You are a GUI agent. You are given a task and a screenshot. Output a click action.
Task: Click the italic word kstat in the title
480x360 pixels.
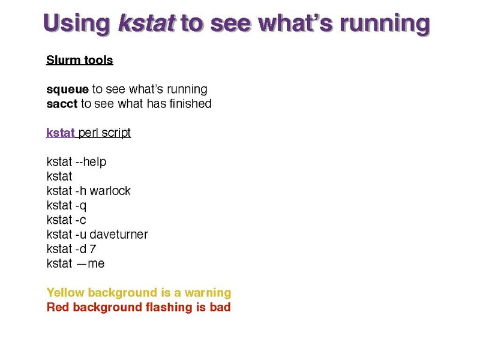coord(147,23)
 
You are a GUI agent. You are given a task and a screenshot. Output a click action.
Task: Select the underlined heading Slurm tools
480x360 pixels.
coord(80,60)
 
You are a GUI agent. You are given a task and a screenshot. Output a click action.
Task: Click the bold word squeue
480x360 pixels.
coord(67,89)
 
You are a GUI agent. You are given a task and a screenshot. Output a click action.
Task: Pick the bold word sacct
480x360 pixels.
coord(62,104)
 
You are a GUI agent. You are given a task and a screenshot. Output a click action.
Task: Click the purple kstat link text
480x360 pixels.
coord(61,133)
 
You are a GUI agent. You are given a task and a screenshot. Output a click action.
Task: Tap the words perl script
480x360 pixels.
coord(104,133)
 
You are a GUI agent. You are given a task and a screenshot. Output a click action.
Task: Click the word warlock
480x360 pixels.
coord(110,191)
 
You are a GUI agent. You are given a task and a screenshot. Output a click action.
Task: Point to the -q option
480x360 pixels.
coord(81,206)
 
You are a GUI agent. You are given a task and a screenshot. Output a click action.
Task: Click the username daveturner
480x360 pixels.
coord(119,235)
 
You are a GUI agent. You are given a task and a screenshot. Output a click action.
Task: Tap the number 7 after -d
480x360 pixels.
coord(93,249)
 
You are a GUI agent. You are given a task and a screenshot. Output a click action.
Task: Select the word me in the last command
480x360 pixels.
coord(96,264)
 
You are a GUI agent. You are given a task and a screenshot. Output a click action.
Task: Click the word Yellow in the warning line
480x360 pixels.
coord(65,292)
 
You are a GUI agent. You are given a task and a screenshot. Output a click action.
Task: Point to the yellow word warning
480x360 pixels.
coord(208,293)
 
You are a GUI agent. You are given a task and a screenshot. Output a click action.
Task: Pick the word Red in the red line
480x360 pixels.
coord(58,307)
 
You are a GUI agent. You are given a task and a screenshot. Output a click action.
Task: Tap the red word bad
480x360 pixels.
coord(220,307)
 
